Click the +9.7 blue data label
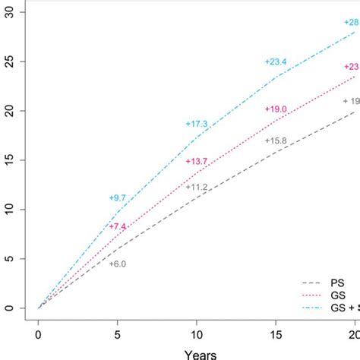pyautogui.click(x=118, y=197)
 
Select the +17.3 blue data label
pyautogui.click(x=197, y=124)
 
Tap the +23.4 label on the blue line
pyautogui.click(x=276, y=62)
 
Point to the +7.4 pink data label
pyautogui.click(x=118, y=226)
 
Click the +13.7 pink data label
pyautogui.click(x=197, y=161)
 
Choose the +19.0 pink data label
pyautogui.click(x=276, y=109)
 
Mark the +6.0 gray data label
pyautogui.click(x=118, y=264)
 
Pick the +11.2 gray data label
pyautogui.click(x=197, y=186)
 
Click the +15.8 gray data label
pyautogui.click(x=276, y=141)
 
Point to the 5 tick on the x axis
pyautogui.click(x=118, y=333)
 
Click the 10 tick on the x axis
pyautogui.click(x=197, y=333)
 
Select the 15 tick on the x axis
pyautogui.click(x=276, y=333)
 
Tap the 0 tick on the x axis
pyautogui.click(x=39, y=333)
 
